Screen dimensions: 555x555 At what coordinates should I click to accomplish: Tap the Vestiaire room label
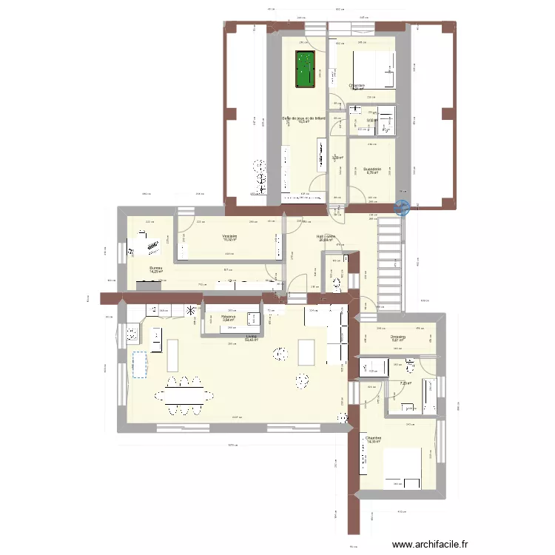pyautogui.click(x=228, y=237)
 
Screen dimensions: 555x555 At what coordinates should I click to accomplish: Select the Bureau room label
pyautogui.click(x=155, y=269)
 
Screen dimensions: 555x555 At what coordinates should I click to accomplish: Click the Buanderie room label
pyautogui.click(x=371, y=169)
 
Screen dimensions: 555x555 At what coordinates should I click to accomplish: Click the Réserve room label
pyautogui.click(x=228, y=317)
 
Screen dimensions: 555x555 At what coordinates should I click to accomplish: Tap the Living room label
pyautogui.click(x=252, y=337)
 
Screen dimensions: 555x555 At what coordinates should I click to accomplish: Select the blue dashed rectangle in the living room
pyautogui.click(x=139, y=364)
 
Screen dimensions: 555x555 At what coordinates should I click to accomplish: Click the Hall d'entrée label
pyautogui.click(x=326, y=237)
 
